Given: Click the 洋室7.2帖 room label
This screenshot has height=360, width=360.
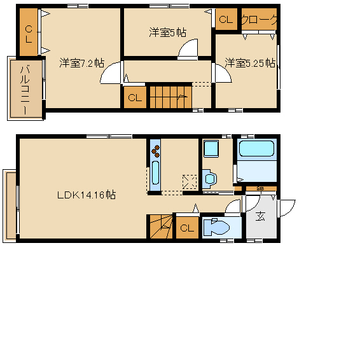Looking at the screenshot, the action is [x=82, y=63].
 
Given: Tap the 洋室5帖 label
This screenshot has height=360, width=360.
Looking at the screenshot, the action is [x=168, y=32].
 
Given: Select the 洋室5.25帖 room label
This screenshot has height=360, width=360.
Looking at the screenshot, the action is [x=250, y=63].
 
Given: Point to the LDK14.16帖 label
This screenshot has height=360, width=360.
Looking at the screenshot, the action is [x=87, y=195].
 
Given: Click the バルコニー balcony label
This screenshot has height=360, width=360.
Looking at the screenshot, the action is [x=25, y=90].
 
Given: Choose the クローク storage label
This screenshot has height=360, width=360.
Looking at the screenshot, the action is [x=259, y=20].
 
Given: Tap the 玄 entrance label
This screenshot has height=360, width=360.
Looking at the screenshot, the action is [x=260, y=216].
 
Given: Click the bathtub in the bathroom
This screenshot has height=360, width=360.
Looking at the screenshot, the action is [x=256, y=148].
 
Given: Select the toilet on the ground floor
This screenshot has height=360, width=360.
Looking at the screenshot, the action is [x=216, y=227].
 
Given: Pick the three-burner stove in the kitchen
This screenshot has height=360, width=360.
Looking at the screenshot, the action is [x=155, y=151].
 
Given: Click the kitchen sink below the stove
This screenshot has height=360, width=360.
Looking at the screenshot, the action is [x=155, y=172].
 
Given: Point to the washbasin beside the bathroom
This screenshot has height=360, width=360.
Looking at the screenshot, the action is [x=210, y=177].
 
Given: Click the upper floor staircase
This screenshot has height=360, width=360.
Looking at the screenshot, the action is [x=171, y=97].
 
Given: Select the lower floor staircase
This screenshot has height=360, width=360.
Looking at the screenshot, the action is [x=161, y=226].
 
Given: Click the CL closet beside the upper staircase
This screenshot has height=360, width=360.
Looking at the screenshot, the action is [x=135, y=97].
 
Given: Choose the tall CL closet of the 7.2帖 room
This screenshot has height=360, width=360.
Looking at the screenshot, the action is [x=29, y=32].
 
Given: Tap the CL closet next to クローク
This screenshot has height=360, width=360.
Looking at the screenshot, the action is [x=226, y=19].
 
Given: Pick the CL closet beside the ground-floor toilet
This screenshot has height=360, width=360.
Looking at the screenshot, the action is [x=188, y=228].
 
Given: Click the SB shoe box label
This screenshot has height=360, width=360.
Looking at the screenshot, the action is [x=260, y=188].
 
